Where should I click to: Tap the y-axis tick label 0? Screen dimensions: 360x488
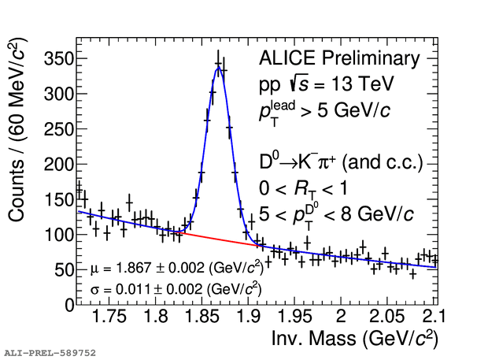(68, 304)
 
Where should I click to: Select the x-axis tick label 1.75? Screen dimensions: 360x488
(109, 317)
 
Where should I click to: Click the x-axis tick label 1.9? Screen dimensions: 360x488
(249, 317)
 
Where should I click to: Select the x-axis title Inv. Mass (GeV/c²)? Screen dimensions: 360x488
(353, 339)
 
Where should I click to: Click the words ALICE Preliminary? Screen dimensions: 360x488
(339, 59)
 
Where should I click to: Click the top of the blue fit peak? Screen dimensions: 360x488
(219, 68)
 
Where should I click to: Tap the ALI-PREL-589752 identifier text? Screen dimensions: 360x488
(50, 352)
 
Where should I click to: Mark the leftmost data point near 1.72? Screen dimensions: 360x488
(79, 188)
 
